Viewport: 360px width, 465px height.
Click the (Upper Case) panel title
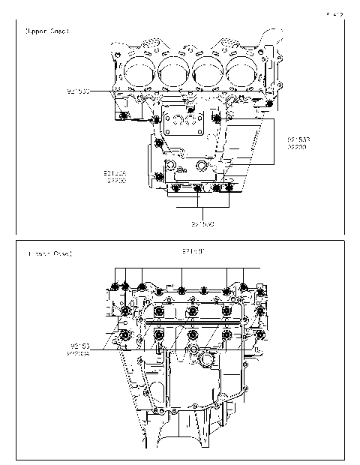pyautogui.click(x=46, y=31)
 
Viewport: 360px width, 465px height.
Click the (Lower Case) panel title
pyautogui.click(x=46, y=255)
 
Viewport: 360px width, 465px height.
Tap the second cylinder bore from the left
pyautogui.click(x=175, y=71)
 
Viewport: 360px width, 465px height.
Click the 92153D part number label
pyautogui.click(x=77, y=91)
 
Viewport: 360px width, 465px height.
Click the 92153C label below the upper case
pyautogui.click(x=202, y=223)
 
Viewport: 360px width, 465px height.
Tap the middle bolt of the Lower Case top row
pyautogui.click(x=183, y=287)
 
